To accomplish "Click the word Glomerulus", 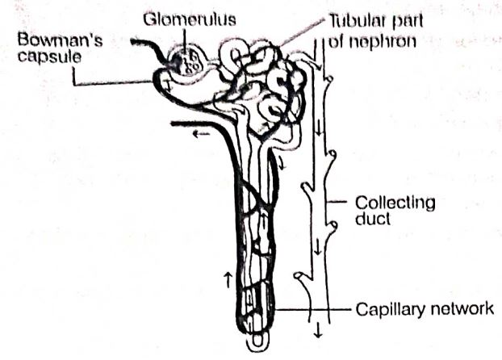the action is (190, 19).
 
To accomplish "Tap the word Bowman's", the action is (61, 40).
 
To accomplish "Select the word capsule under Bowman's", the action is (49, 57).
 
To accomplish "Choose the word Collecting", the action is (395, 203).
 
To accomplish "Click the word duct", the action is (372, 219).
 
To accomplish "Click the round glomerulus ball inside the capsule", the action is (187, 63).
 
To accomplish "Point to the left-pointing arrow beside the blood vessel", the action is (201, 134).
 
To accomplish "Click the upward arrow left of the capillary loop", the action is (228, 279).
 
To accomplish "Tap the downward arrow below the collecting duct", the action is (318, 330).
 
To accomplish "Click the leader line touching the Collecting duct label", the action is (337, 202).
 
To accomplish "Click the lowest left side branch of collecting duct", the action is (303, 278).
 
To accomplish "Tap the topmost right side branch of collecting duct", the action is (328, 79).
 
